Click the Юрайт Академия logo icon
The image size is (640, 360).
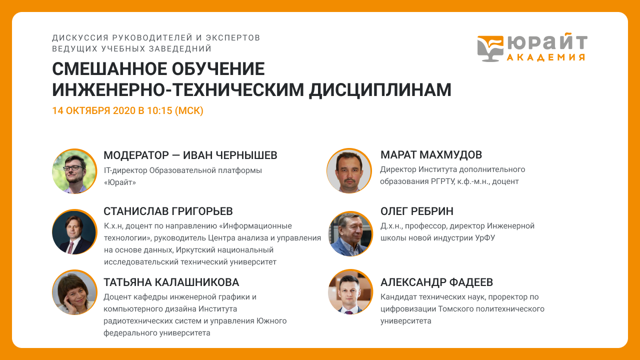pyautogui.click(x=490, y=48)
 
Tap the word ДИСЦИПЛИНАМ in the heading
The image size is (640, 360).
pyautogui.click(x=380, y=90)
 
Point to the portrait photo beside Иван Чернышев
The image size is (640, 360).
pyautogui.click(x=74, y=171)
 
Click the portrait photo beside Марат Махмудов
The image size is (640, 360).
pyautogui.click(x=349, y=171)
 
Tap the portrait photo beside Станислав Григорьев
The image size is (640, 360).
pyautogui.click(x=74, y=232)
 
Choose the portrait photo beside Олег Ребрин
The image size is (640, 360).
pyautogui.click(x=350, y=233)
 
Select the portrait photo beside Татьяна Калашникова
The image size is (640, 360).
pyautogui.click(x=74, y=292)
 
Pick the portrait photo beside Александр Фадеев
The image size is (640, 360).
pyautogui.click(x=350, y=291)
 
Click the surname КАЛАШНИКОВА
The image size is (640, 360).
pyautogui.click(x=197, y=282)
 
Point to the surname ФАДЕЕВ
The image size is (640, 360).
pyautogui.click(x=471, y=282)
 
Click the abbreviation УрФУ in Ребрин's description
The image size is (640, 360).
pyautogui.click(x=485, y=238)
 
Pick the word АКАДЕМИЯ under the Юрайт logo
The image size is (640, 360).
pyautogui.click(x=546, y=57)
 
